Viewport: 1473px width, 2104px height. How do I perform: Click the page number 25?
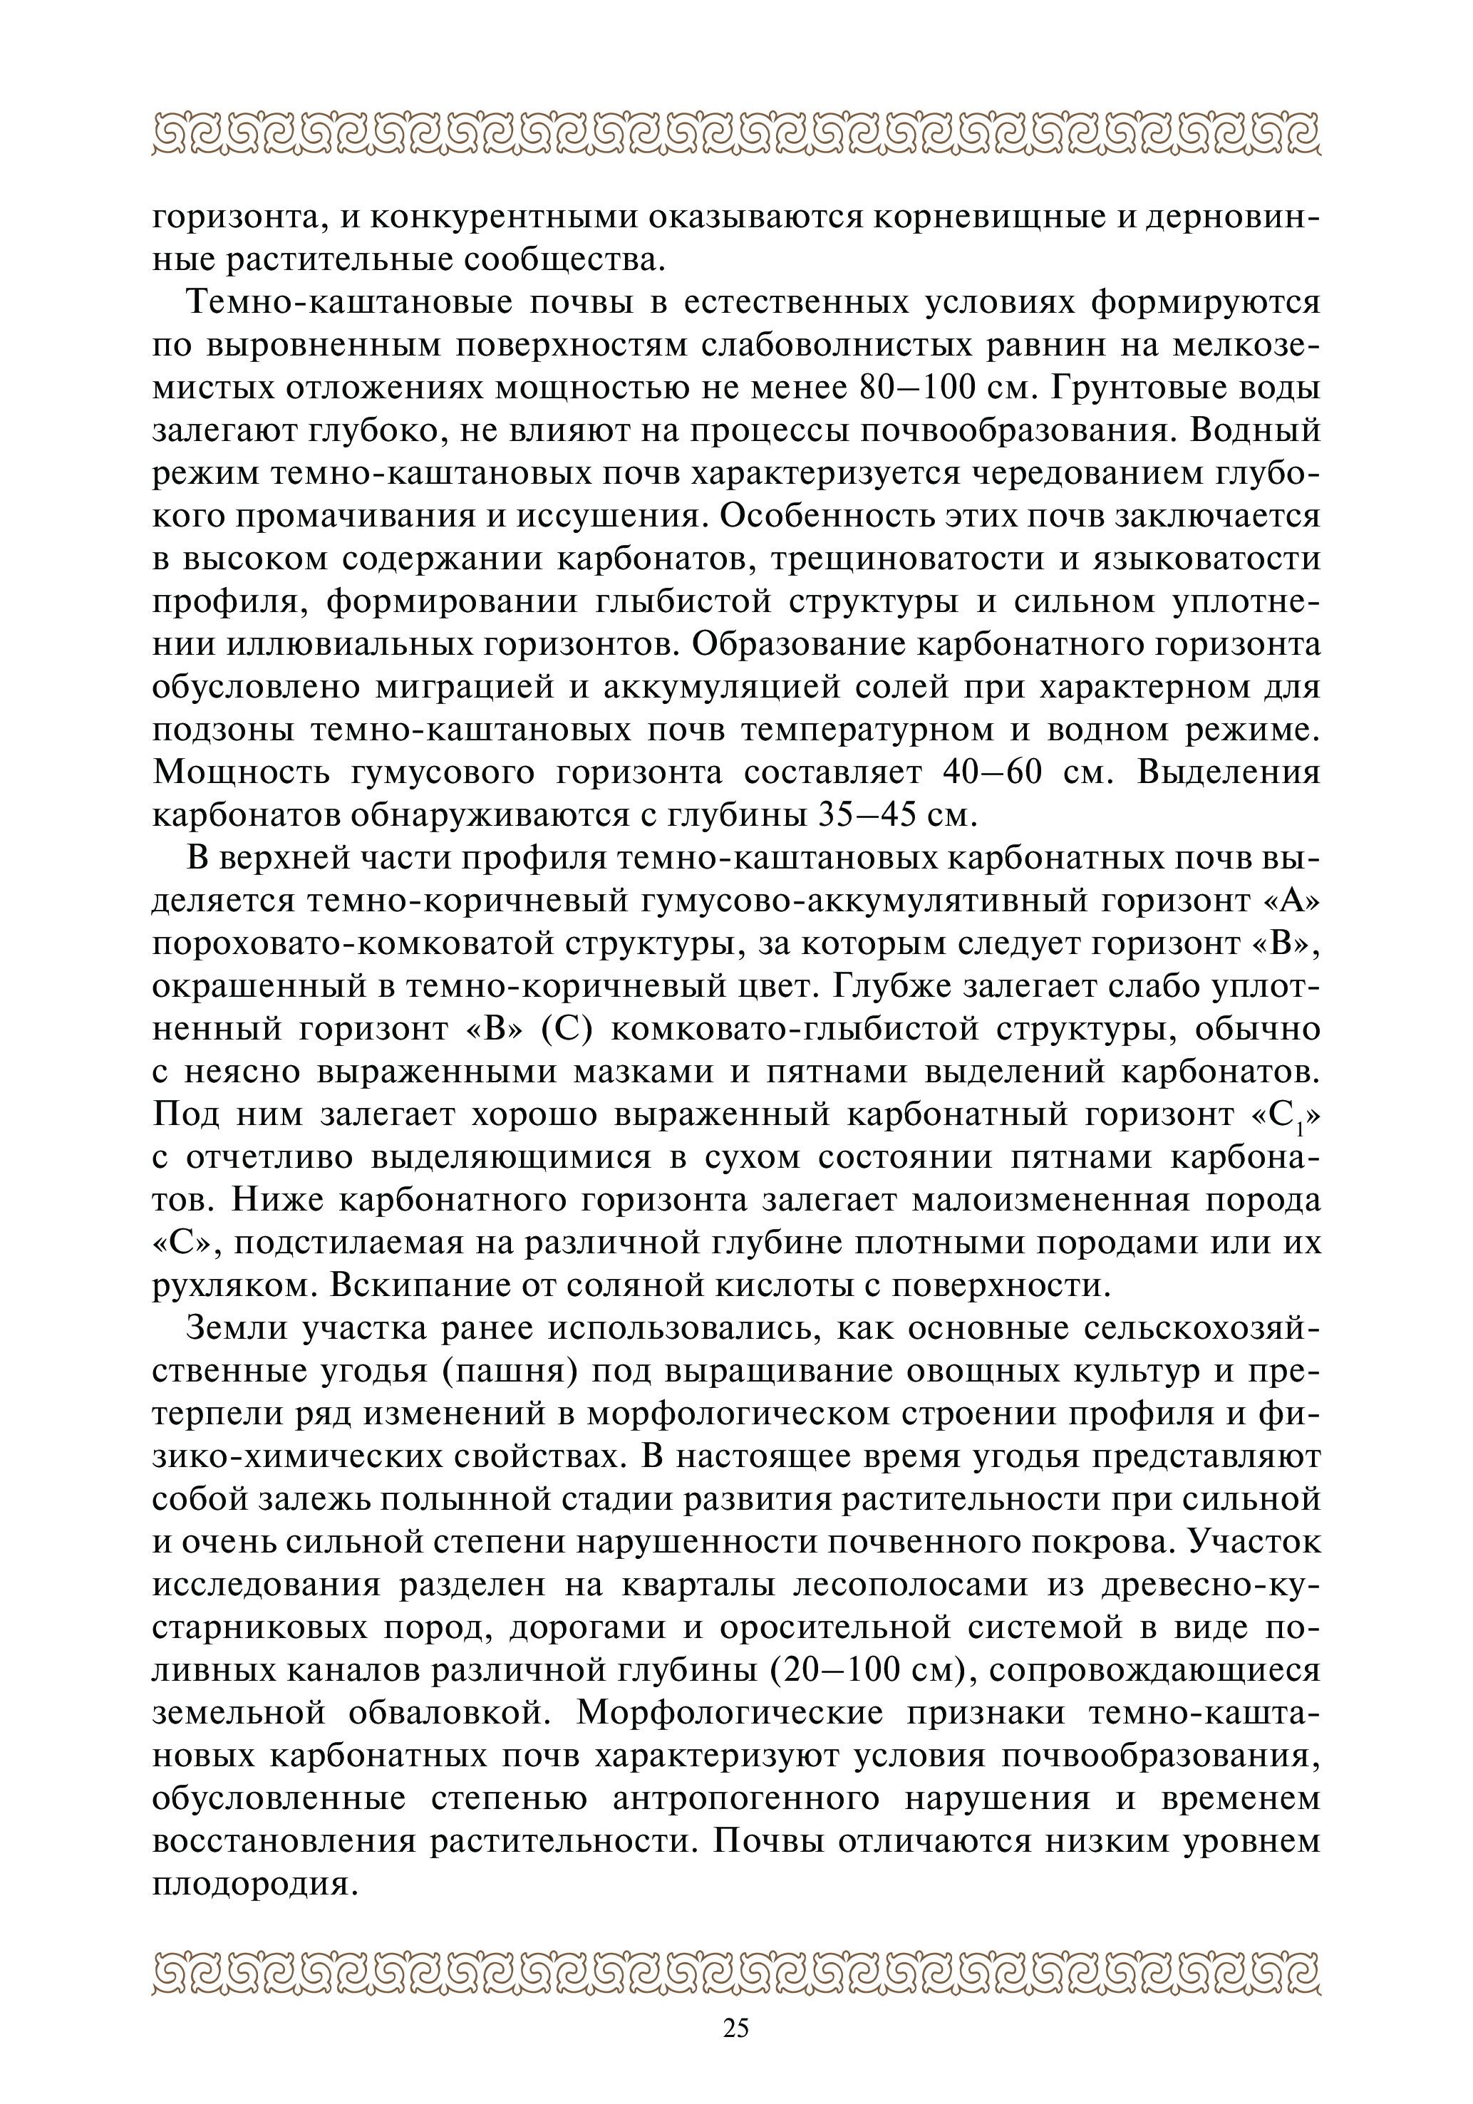coord(736,2028)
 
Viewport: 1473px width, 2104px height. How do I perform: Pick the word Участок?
coord(1255,1541)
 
